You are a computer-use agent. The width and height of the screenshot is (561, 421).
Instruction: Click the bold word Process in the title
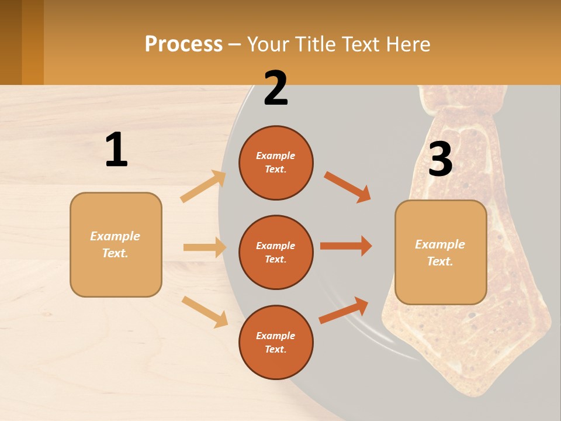(183, 44)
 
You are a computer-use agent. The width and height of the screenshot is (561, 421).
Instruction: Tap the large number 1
(116, 150)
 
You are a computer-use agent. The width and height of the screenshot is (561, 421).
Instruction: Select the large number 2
(276, 88)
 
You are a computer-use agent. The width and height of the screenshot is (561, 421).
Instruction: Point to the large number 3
(440, 160)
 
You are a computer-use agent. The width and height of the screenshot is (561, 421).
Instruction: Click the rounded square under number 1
(116, 244)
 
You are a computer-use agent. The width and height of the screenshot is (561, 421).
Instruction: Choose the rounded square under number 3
(441, 252)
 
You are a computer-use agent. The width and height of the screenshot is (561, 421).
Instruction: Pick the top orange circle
(276, 163)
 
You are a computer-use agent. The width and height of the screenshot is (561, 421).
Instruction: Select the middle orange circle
(276, 253)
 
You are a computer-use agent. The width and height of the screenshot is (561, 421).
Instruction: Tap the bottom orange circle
(276, 342)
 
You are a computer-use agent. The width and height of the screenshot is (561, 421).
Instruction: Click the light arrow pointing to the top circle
(203, 186)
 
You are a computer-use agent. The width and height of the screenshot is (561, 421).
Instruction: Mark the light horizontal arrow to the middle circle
(205, 247)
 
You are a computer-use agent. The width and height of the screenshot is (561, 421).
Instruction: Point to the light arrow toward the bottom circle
(205, 311)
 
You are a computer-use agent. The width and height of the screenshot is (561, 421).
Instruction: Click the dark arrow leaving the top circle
(347, 187)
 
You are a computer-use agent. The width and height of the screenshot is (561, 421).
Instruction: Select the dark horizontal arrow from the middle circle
(346, 246)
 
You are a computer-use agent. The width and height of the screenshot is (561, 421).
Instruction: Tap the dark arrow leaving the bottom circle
(344, 310)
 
